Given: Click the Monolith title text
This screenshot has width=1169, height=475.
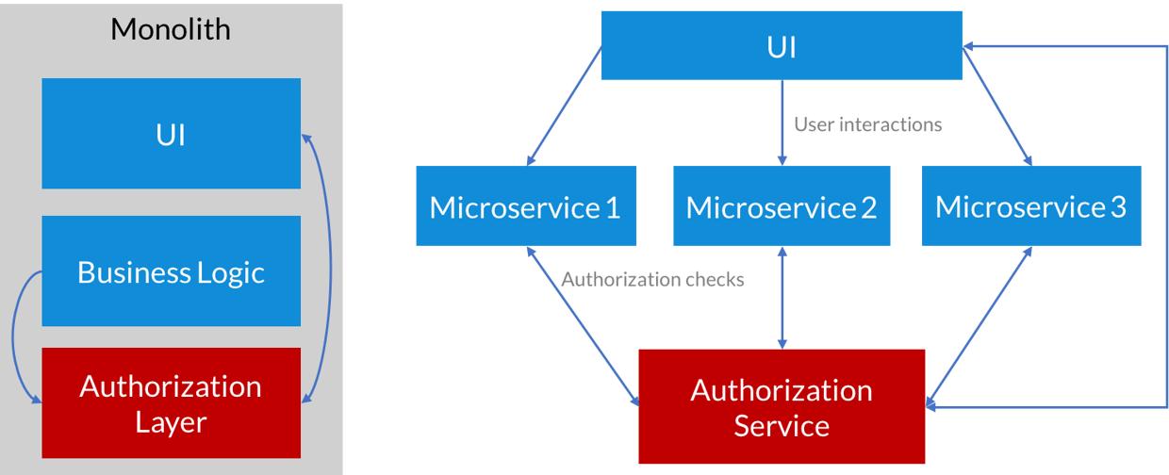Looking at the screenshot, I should pyautogui.click(x=171, y=29).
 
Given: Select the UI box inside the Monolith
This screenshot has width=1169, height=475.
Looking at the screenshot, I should pyautogui.click(x=171, y=134).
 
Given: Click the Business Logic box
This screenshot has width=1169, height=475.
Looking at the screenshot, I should pyautogui.click(x=171, y=271).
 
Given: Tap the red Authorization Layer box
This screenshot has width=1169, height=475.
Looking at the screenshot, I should pyautogui.click(x=171, y=403).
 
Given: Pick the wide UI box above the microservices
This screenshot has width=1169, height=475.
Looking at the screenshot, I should pyautogui.click(x=782, y=45).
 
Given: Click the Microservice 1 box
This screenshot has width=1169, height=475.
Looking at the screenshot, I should pyautogui.click(x=525, y=206).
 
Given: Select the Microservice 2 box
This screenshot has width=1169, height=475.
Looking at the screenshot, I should pyautogui.click(x=782, y=206).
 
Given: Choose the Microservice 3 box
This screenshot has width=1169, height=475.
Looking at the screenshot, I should pyautogui.click(x=1030, y=206).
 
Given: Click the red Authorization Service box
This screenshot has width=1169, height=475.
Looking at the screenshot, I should pyautogui.click(x=782, y=407).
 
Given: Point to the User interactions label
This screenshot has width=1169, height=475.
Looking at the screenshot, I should pyautogui.click(x=867, y=124).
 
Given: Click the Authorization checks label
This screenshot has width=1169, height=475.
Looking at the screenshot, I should pyautogui.click(x=652, y=279).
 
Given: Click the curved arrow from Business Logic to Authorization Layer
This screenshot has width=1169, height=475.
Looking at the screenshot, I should pyautogui.click(x=15, y=335).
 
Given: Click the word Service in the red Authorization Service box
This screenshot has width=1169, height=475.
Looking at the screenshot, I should pyautogui.click(x=782, y=426).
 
